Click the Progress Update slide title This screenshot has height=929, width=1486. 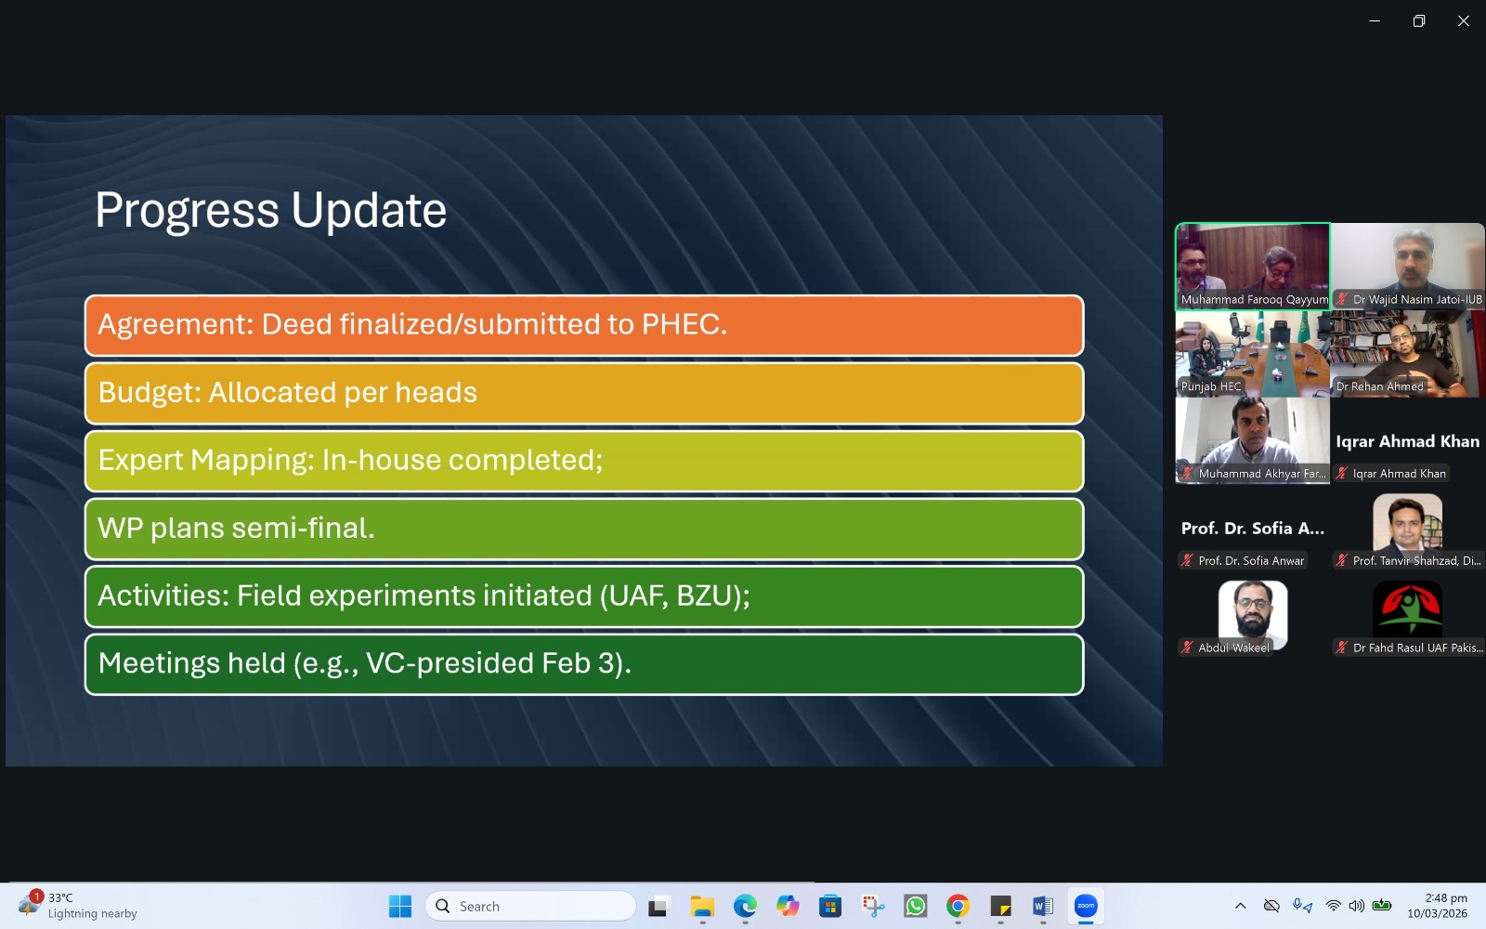pos(270,210)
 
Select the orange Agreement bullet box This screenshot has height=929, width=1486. pos(584,325)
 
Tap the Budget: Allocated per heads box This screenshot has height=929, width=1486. pos(584,393)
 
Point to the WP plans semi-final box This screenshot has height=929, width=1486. pos(584,529)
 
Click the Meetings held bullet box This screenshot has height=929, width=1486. pos(584,664)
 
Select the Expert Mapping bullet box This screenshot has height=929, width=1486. pos(584,461)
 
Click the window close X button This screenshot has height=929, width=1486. pos(1463,21)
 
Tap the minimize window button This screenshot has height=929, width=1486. pos(1375,21)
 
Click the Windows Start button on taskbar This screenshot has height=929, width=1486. pos(400,906)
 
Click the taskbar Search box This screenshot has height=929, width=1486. pos(530,906)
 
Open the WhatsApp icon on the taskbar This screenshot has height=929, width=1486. pos(916,906)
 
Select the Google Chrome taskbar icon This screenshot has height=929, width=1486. pos(958,906)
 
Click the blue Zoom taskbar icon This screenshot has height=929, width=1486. pos(1086,906)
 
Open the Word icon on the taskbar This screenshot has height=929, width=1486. pos(1043,906)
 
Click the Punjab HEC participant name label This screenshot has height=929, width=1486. pos(1211,386)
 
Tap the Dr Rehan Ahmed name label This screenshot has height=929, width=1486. pos(1379,386)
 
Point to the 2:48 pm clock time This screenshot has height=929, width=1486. pos(1446,897)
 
